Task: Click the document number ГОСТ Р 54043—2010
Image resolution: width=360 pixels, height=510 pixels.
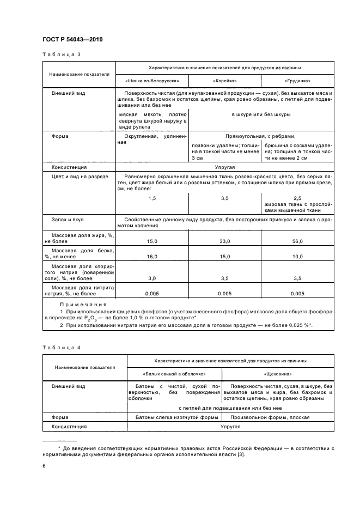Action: [72, 40]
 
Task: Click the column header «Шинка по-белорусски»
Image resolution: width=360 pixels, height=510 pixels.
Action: [152, 81]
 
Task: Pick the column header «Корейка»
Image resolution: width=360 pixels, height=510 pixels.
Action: [224, 81]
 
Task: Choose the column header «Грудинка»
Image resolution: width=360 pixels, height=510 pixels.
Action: [297, 81]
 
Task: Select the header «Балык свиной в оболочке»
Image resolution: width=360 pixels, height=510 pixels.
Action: [174, 374]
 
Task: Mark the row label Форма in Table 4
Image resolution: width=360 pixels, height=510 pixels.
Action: [60, 417]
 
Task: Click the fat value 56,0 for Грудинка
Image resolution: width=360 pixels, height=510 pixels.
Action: [297, 241]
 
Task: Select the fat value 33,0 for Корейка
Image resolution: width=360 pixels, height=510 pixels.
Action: [224, 241]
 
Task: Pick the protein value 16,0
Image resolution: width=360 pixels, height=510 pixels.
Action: [152, 256]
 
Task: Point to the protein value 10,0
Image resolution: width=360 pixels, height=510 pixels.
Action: [297, 256]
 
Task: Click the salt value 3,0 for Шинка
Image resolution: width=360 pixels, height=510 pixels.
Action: [152, 278]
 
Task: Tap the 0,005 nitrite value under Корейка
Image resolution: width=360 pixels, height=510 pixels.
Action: [224, 294]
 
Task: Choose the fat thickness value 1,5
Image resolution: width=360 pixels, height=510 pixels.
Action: [152, 198]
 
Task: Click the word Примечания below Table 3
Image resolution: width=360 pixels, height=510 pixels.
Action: [83, 305]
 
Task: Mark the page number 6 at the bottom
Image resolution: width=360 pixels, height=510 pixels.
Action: [44, 467]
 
